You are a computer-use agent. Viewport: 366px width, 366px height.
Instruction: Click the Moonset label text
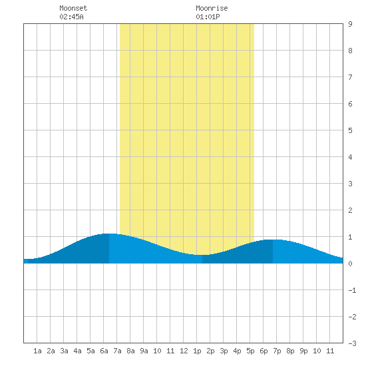point(73,8)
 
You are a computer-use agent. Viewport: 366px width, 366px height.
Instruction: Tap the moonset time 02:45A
point(71,17)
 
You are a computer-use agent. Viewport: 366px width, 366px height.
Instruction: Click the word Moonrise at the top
point(212,8)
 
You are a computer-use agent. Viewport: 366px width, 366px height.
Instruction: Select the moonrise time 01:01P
point(208,17)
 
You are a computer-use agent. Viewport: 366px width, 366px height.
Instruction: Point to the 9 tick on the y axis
point(350,24)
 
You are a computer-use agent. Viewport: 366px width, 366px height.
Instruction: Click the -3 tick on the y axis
point(352,343)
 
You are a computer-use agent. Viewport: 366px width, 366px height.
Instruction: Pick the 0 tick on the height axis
point(350,264)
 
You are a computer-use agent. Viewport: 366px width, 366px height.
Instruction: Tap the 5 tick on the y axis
point(350,130)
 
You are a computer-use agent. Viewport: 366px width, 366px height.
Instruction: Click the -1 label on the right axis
point(352,290)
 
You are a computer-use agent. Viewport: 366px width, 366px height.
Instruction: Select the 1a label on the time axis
point(37,351)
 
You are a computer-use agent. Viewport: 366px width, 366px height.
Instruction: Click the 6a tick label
point(104,351)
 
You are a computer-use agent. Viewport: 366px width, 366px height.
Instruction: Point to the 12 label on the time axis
point(184,351)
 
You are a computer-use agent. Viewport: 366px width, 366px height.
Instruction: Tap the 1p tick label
point(197,351)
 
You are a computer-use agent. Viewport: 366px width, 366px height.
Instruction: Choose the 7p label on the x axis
point(277,351)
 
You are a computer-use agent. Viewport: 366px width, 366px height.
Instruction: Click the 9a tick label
point(144,351)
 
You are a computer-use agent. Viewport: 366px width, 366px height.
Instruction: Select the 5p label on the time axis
point(250,351)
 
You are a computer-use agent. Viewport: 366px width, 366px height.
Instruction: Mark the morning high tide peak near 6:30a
point(109,234)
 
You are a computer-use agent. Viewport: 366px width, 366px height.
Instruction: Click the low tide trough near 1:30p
point(202,255)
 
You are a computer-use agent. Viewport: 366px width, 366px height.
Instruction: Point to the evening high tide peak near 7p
point(273,240)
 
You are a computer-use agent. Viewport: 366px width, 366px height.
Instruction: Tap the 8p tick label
point(290,351)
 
